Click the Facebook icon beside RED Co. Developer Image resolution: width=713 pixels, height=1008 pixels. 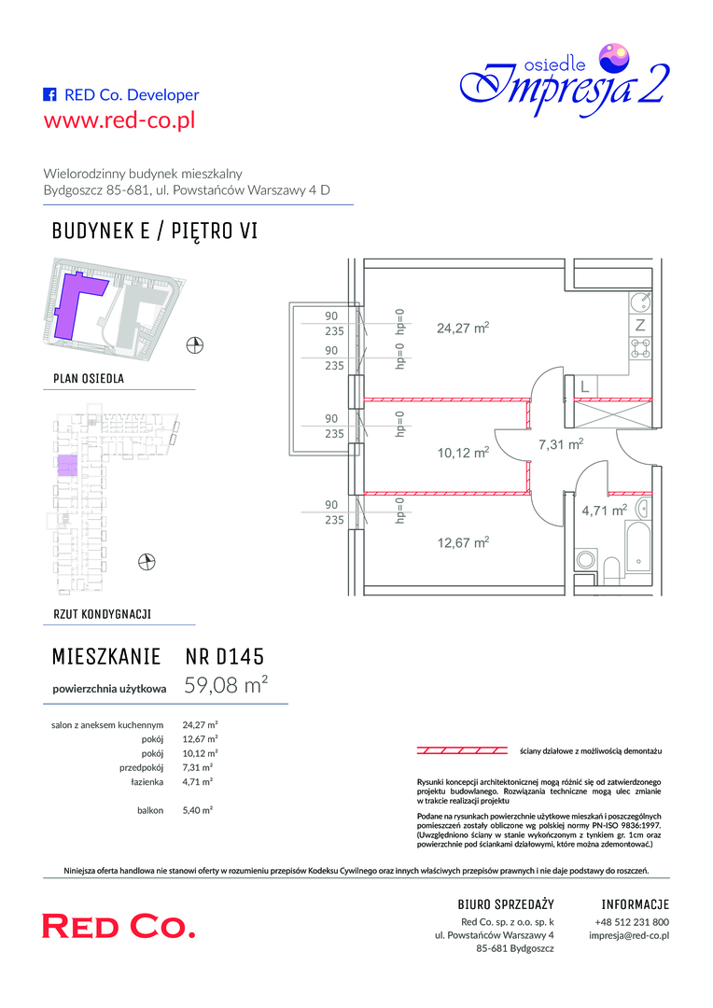[49, 94]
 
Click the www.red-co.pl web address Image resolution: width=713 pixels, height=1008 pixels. [119, 120]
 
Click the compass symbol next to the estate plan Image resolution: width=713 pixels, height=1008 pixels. [195, 345]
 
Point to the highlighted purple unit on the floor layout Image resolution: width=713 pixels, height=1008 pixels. [67, 465]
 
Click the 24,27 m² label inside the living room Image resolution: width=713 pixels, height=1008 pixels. [463, 328]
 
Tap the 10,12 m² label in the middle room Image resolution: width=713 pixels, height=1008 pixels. [463, 453]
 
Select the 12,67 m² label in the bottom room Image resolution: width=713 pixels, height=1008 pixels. [463, 542]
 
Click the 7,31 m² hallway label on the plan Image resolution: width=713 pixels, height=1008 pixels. [561, 443]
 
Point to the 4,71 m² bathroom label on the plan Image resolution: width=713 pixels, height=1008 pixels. [605, 511]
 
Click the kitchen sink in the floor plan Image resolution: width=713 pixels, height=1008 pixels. [640, 301]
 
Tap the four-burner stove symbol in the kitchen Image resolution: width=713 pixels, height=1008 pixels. [640, 348]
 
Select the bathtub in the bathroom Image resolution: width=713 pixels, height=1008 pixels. [637, 547]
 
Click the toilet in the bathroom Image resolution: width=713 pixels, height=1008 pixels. [611, 569]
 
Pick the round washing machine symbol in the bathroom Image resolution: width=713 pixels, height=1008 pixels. [585, 559]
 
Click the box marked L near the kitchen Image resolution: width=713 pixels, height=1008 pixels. [584, 387]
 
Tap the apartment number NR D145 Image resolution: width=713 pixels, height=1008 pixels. [224, 656]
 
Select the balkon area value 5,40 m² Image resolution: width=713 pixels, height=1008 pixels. [197, 811]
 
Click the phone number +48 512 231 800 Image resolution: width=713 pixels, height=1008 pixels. [632, 921]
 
